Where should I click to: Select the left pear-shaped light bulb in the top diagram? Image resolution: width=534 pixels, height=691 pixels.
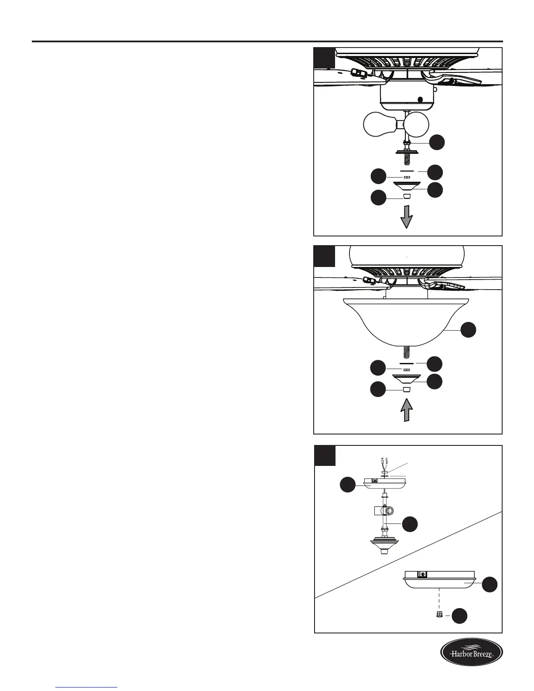point(379,125)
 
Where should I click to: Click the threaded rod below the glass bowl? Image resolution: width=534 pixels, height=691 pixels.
point(406,352)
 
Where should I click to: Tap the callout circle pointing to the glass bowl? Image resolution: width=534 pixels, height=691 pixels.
point(469,330)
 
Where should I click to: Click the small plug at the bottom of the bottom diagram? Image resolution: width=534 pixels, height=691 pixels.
point(439,614)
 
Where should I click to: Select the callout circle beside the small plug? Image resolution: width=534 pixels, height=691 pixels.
point(459,616)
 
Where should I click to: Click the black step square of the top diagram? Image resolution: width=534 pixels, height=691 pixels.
point(325,58)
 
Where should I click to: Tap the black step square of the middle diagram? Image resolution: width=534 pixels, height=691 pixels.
point(325,256)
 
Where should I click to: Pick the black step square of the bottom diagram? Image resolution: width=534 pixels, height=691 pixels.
point(325,456)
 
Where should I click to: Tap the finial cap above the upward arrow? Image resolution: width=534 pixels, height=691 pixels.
point(407,389)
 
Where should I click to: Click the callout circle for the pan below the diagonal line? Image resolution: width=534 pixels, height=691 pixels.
point(489,585)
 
